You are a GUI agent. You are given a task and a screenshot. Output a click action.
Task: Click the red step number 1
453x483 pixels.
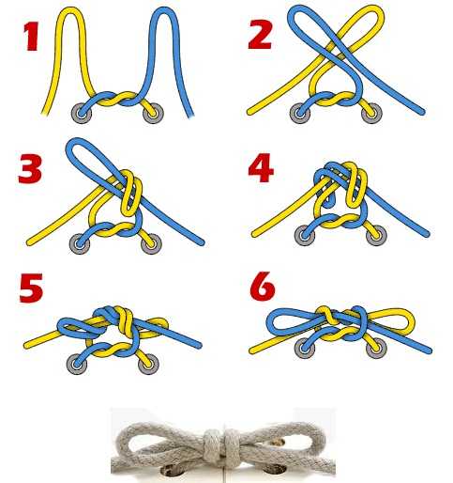[32, 37]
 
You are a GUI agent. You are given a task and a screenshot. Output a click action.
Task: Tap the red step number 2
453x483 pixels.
[260, 35]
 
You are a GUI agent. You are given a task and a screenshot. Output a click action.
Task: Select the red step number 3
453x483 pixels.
[30, 169]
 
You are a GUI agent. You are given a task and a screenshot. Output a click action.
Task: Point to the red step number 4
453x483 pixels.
[261, 167]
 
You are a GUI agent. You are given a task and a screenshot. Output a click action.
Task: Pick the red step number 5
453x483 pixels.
[31, 288]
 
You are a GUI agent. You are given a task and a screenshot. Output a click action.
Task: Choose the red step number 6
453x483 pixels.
[263, 286]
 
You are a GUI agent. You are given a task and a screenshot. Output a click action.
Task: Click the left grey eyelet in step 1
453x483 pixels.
[82, 113]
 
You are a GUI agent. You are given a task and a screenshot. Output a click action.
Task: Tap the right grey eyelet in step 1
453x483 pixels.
[153, 113]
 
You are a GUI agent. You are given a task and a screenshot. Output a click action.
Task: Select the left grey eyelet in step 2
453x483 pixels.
[300, 113]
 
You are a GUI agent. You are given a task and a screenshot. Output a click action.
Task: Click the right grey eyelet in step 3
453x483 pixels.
[151, 243]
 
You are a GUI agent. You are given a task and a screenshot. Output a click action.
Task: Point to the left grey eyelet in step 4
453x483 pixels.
[305, 235]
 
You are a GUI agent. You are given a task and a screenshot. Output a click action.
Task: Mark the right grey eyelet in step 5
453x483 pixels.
[148, 364]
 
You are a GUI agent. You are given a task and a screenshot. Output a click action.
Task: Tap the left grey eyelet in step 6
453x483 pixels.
[304, 348]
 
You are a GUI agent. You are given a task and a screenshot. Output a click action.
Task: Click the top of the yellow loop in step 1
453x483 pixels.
[71, 10]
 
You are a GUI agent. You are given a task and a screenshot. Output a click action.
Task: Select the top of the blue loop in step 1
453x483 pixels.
[165, 10]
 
